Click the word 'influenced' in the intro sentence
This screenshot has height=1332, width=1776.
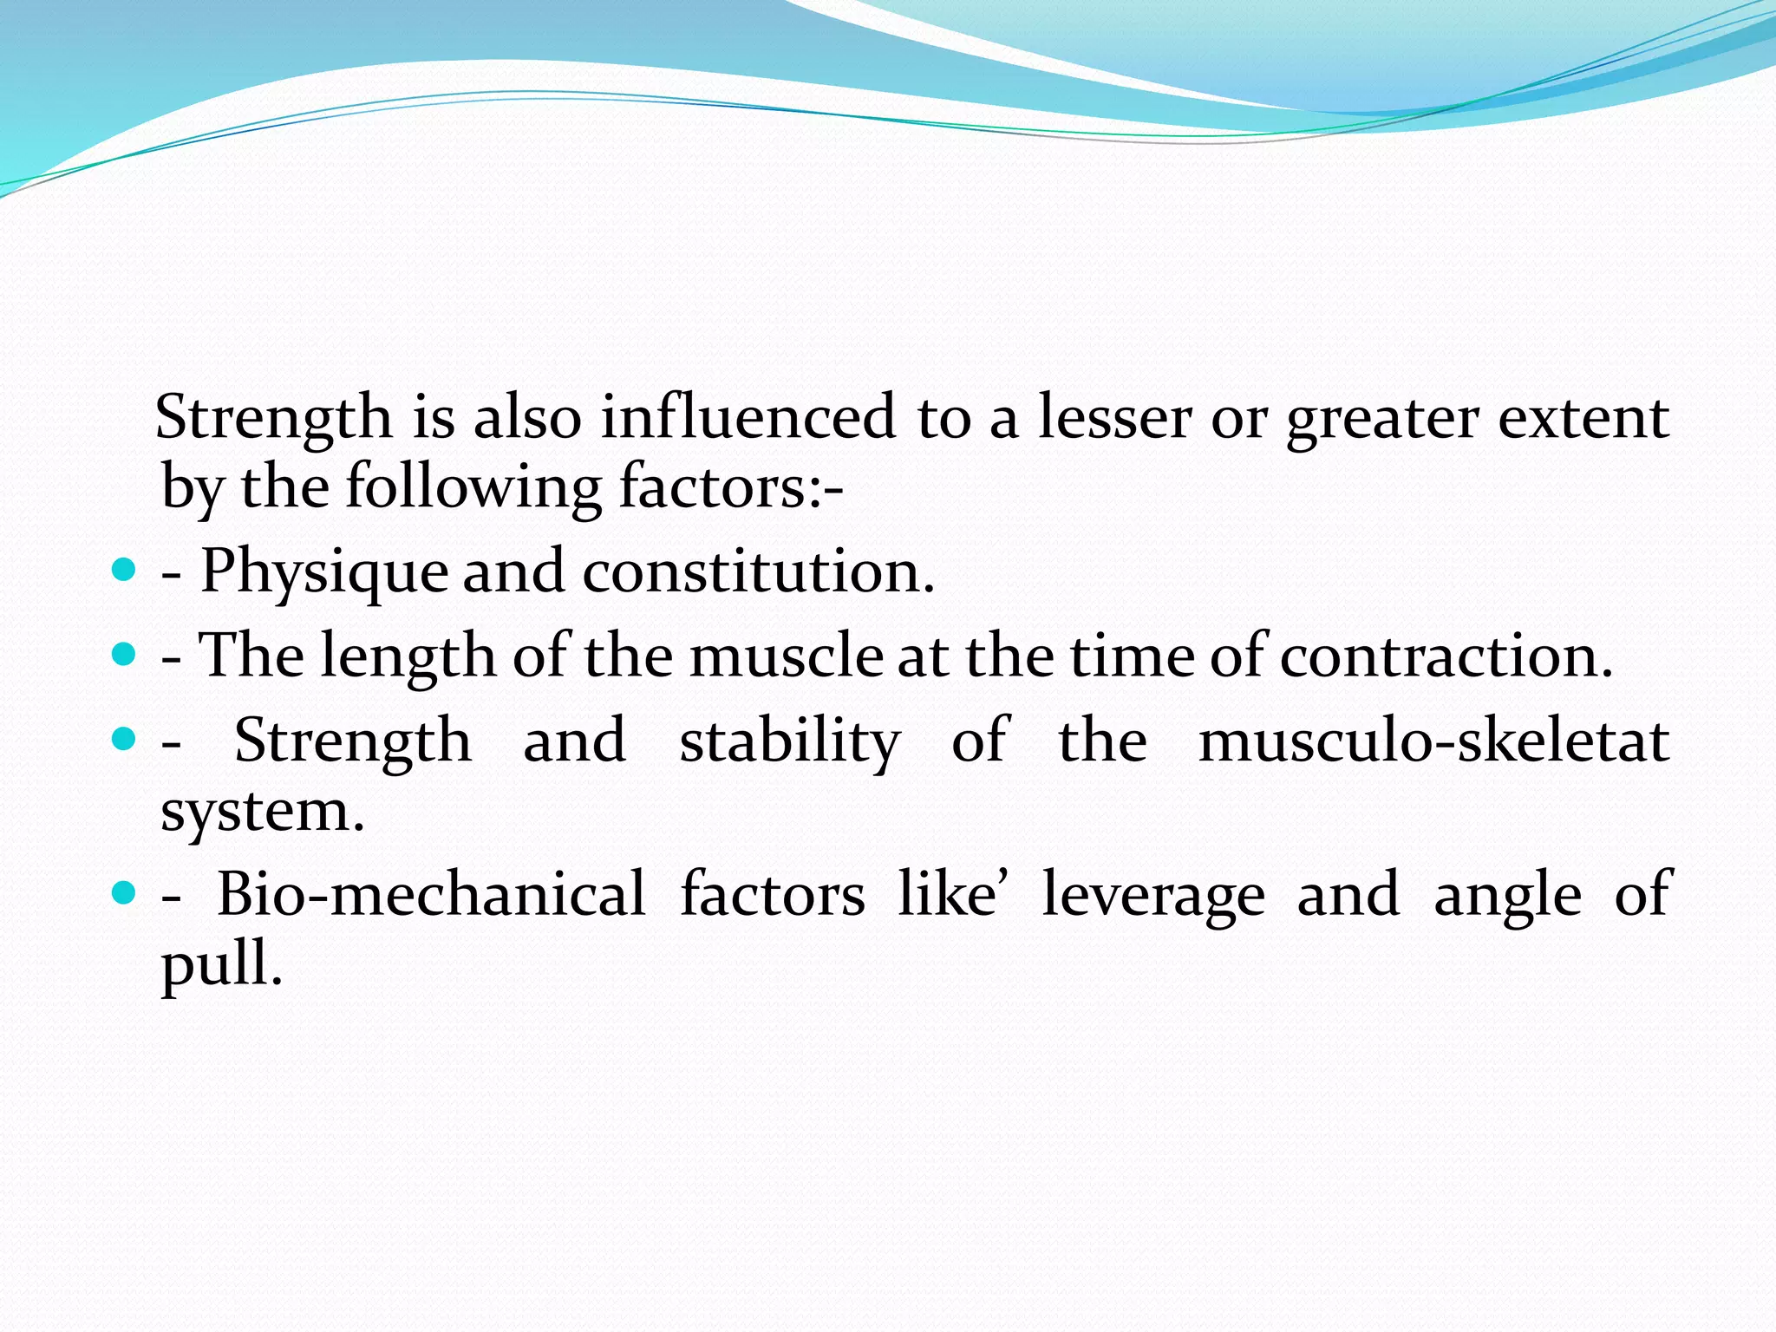click(748, 417)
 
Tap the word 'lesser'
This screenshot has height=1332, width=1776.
click(1115, 417)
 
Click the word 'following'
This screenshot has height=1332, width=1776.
click(473, 487)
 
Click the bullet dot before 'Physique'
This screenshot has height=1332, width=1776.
click(125, 570)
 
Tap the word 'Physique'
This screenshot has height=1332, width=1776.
click(324, 572)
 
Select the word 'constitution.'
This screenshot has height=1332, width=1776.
click(759, 572)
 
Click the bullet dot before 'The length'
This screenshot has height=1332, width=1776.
click(125, 654)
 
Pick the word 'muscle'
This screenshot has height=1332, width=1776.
click(787, 656)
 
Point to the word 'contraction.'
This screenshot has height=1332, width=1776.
click(1446, 656)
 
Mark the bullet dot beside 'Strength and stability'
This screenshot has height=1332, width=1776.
click(125, 739)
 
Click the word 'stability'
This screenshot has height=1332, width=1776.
click(790, 742)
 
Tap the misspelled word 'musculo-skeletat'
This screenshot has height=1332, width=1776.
click(1433, 741)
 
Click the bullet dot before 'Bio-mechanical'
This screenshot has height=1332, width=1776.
click(125, 891)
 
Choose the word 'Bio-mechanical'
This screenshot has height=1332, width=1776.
click(431, 894)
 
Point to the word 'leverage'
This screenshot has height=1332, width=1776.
click(1153, 896)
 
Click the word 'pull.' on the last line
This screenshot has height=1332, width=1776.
click(222, 964)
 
